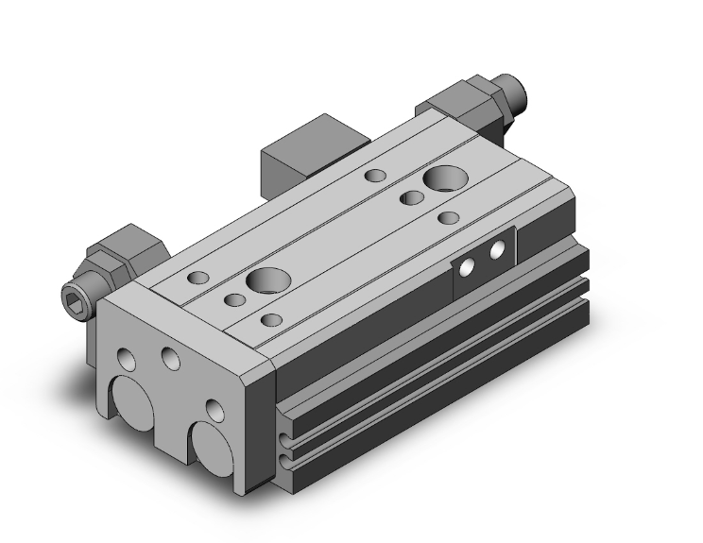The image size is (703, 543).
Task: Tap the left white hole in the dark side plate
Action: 465,266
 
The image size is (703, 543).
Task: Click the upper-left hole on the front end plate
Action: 126,360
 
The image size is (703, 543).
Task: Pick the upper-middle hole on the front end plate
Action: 171,357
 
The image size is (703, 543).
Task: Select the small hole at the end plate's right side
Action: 215,410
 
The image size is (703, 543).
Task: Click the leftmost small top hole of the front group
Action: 200,279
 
